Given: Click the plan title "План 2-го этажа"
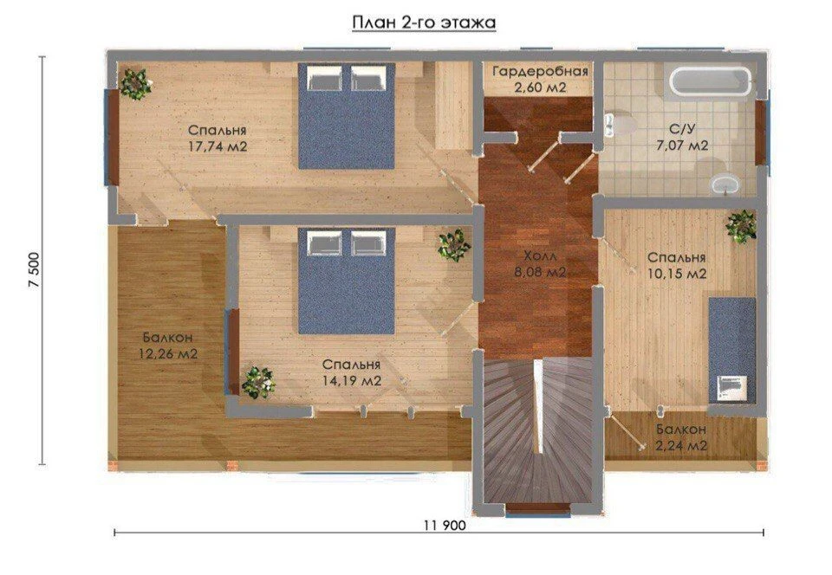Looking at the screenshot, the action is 424,23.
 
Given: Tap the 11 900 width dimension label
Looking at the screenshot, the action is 445,525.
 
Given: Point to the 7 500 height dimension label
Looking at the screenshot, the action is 34,269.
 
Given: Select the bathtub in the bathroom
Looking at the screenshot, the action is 711,81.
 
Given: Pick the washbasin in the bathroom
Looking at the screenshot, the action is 725,184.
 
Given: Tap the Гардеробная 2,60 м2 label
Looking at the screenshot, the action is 540,79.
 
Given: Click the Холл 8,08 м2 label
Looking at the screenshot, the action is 541,264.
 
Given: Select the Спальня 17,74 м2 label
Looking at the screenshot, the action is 218,139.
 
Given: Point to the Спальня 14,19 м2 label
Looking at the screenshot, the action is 351,372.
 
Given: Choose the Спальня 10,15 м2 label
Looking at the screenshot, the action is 677,265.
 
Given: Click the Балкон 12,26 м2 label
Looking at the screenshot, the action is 167,346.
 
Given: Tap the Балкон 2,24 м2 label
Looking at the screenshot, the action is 681,437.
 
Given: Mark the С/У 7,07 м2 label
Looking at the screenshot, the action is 682,137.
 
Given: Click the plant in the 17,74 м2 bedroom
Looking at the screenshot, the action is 135,84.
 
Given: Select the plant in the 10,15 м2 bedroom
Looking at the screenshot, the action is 741,226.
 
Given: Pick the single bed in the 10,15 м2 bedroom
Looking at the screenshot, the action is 731,351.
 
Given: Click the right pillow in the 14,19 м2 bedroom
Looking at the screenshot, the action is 367,242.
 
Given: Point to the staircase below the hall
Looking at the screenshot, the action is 538,432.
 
